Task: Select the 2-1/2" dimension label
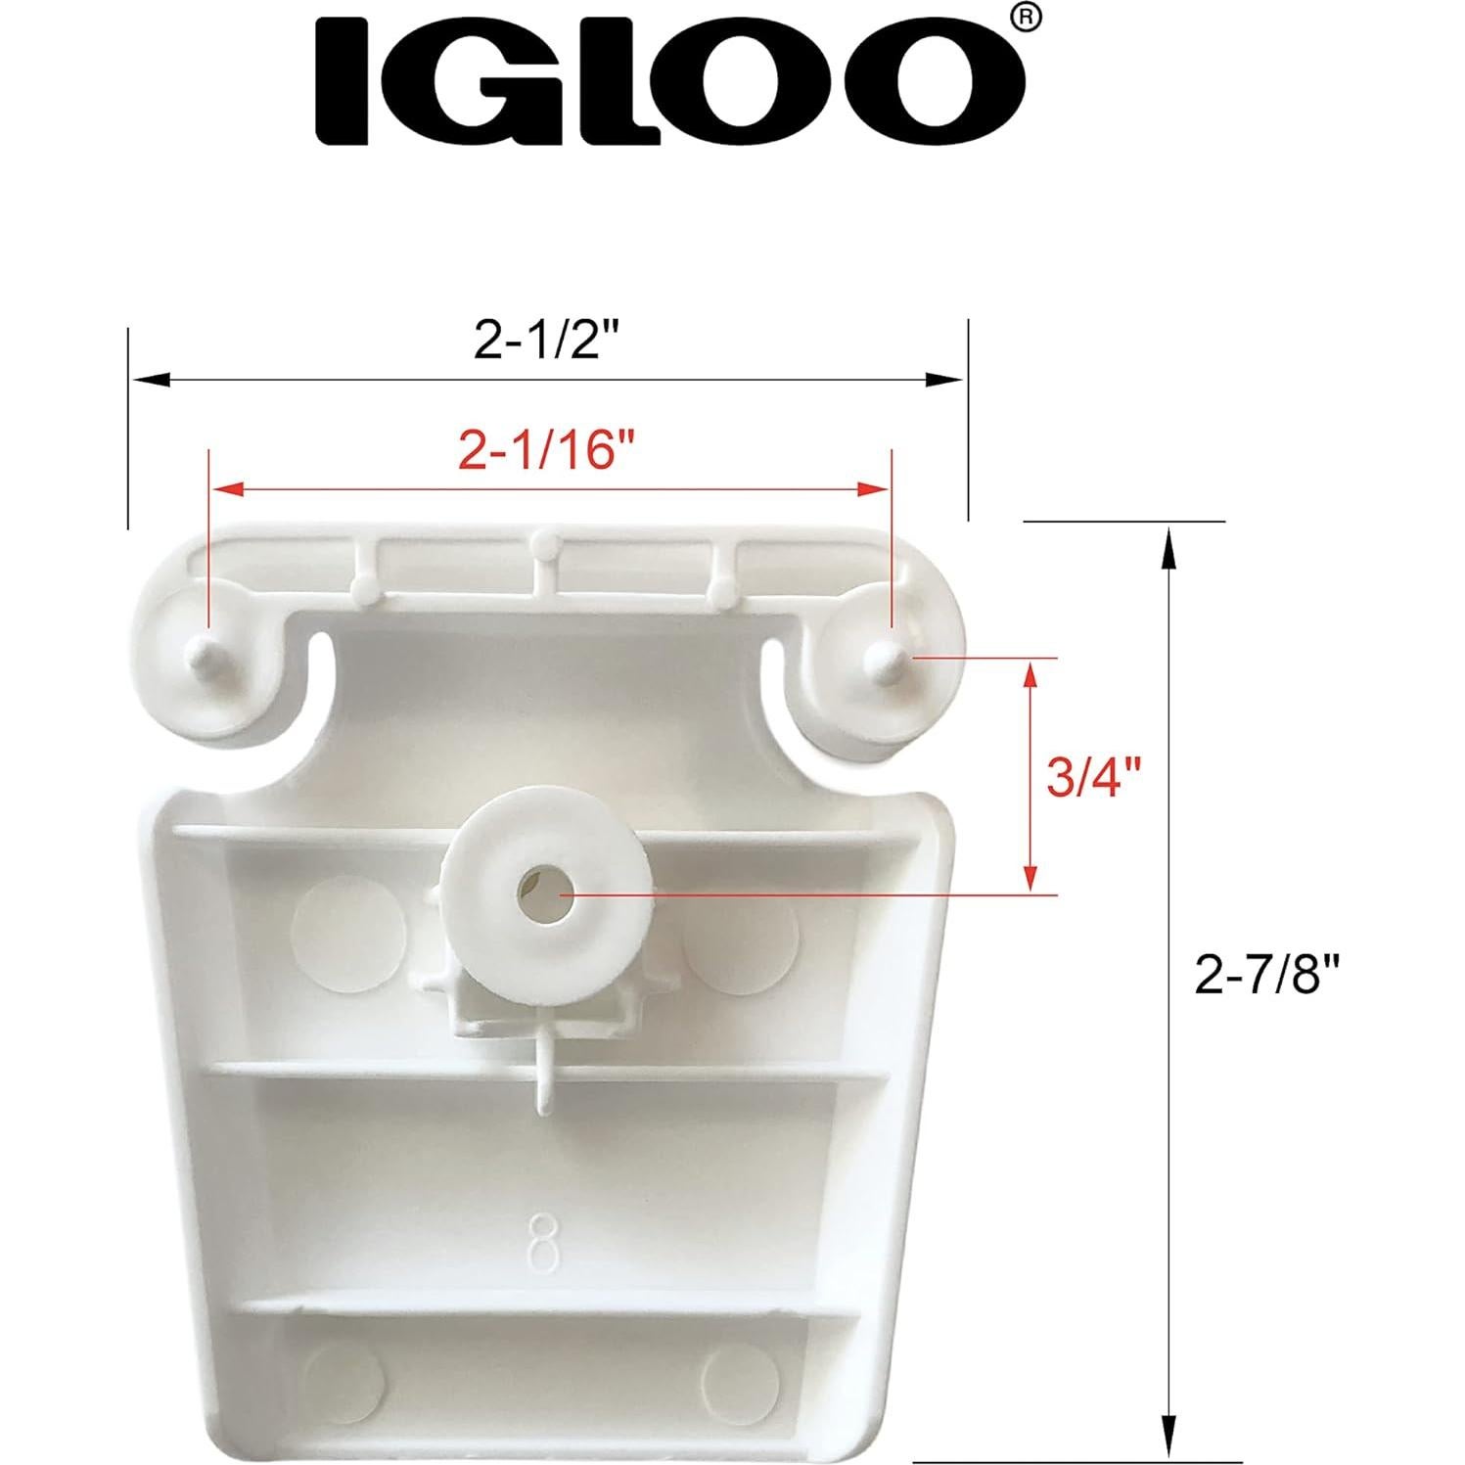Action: click(548, 341)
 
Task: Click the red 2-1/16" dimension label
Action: click(547, 451)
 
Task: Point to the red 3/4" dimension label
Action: click(1094, 778)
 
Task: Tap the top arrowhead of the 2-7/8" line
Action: click(1167, 544)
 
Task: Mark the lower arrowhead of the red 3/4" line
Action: click(1029, 877)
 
